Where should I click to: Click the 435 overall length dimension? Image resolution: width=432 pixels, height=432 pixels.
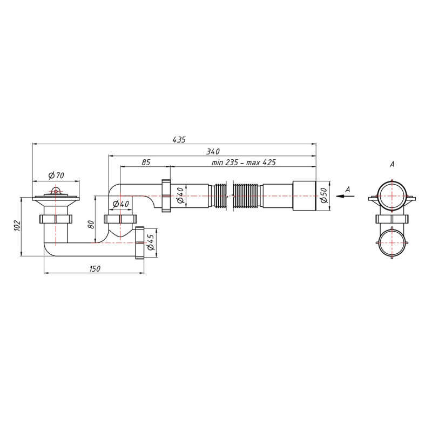click(179, 140)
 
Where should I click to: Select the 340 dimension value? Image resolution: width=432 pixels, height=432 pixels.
click(213, 152)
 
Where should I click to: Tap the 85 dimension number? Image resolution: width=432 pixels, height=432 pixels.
click(146, 163)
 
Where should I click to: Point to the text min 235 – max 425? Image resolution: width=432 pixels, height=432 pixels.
click(244, 163)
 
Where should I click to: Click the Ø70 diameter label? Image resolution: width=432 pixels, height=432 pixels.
click(56, 175)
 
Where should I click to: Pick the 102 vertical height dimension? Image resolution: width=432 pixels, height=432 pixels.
click(17, 225)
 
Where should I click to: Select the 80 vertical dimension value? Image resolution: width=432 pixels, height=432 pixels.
click(91, 225)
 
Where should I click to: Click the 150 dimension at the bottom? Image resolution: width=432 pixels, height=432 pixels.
click(95, 268)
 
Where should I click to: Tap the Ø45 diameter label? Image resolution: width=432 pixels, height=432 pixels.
click(151, 242)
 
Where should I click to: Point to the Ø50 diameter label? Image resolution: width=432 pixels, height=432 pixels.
click(323, 195)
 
